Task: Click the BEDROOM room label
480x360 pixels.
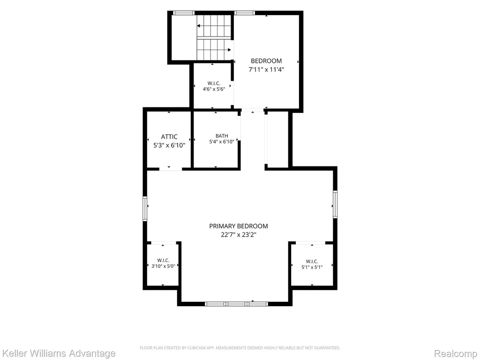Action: click(x=266, y=61)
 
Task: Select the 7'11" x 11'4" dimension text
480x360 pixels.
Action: click(x=266, y=69)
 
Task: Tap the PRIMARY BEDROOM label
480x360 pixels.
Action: click(x=239, y=226)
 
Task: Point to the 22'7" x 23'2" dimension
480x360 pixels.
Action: click(x=239, y=235)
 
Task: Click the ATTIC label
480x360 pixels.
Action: click(x=169, y=137)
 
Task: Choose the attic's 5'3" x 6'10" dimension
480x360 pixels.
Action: click(x=169, y=145)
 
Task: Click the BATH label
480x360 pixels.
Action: click(x=222, y=136)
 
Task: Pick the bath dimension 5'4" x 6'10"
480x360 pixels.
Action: click(x=222, y=142)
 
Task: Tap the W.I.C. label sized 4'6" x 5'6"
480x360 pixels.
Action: click(x=214, y=83)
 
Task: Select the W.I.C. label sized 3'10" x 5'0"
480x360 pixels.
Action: click(x=163, y=261)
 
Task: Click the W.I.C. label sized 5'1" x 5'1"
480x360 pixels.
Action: click(x=312, y=262)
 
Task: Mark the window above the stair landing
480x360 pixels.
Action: click(x=184, y=13)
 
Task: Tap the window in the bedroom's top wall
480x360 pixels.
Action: click(x=245, y=13)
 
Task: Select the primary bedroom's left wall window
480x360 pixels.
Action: click(x=145, y=209)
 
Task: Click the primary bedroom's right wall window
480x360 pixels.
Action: click(x=335, y=204)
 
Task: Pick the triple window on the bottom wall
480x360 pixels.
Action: click(x=236, y=304)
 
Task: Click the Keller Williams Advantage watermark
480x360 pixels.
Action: click(x=58, y=353)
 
